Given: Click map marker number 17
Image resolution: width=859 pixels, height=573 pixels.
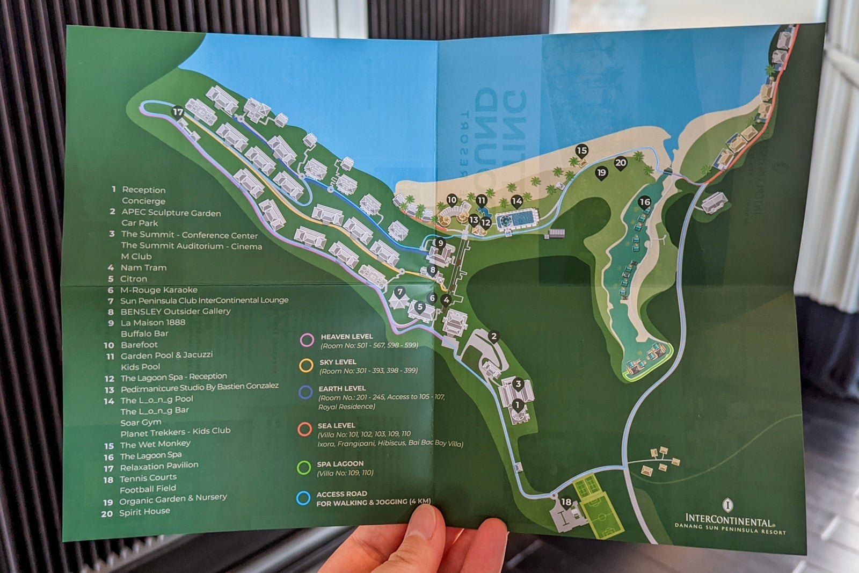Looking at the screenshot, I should pos(178,112).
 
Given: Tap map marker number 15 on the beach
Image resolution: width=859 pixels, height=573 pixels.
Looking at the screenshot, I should pos(581,150).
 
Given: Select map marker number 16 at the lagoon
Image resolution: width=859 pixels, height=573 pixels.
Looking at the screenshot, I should pos(644,202).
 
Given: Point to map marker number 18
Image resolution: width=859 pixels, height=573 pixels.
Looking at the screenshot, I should pos(566,502).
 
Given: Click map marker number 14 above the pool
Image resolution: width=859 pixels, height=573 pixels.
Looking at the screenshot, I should pos(516,201).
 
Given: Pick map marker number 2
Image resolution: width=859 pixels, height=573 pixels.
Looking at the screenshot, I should pos(493,337).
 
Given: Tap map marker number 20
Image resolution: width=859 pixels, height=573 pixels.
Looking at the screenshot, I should pos(621,163).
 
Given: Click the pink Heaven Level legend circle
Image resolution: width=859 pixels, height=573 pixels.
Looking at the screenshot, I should pos(307,340).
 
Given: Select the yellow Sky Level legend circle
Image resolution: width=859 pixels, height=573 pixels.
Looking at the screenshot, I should pos(306,366).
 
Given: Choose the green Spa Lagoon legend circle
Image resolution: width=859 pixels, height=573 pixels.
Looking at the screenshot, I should pos(304,468).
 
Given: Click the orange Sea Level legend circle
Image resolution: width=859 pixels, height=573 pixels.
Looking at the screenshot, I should pos(305,429).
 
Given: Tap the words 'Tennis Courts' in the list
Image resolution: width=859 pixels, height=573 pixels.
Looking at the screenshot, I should pos(148,478).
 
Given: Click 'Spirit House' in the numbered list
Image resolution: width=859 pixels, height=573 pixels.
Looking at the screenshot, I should pos(144,512).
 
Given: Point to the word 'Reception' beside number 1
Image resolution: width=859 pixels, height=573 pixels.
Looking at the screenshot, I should pos(143,190).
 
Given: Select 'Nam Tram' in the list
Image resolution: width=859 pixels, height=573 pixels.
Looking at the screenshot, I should pos(143,267).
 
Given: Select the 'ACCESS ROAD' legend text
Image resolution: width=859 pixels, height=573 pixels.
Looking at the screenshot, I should pos(341,494).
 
